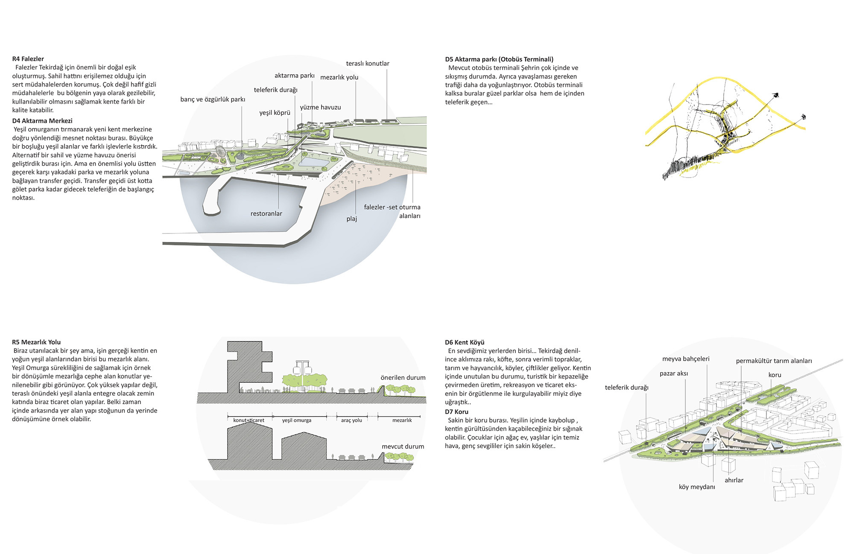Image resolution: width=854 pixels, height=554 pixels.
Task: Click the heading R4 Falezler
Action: [x=28, y=59]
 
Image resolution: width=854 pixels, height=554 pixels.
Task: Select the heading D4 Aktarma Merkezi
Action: [x=42, y=121]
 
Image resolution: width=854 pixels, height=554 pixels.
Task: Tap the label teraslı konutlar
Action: [x=367, y=64]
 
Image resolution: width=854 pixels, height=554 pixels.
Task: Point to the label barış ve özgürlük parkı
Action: [x=213, y=99]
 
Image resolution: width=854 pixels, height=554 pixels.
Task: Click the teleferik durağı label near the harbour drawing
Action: [x=275, y=90]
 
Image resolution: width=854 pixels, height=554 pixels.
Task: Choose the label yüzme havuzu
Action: [x=320, y=108]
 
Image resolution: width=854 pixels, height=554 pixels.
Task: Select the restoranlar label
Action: [x=266, y=213]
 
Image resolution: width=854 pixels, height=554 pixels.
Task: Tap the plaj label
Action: [x=351, y=219]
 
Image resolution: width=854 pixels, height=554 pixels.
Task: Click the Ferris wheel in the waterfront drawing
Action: [x=220, y=152]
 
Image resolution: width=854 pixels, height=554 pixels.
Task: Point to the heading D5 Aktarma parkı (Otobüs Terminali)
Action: [x=499, y=59]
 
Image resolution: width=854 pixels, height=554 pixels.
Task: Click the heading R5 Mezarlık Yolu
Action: [x=36, y=342]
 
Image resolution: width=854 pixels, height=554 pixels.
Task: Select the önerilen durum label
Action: [x=403, y=378]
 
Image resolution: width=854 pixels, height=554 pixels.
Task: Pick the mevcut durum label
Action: [x=403, y=446]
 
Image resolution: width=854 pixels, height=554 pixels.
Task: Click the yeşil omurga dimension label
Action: [x=296, y=420]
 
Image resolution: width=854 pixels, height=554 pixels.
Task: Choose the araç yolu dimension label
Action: [x=351, y=420]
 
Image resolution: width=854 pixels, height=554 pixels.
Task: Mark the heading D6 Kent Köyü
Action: [x=465, y=342]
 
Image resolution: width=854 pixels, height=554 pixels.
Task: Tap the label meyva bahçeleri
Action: [x=686, y=359]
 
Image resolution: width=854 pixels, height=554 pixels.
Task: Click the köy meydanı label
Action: [x=697, y=487]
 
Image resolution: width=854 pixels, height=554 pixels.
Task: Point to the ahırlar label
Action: [x=734, y=480]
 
